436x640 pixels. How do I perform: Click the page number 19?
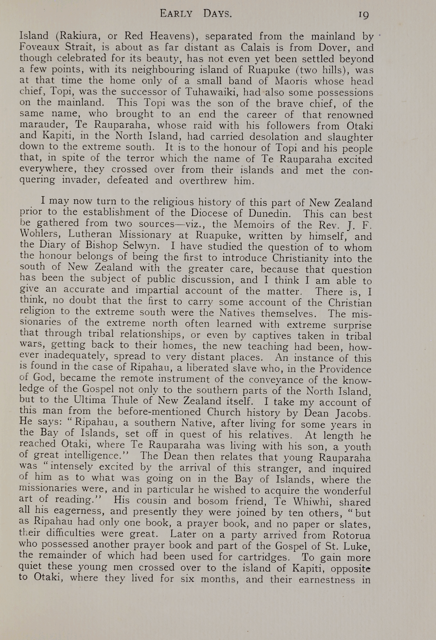pyautogui.click(x=363, y=14)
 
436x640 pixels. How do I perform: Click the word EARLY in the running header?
pyautogui.click(x=176, y=14)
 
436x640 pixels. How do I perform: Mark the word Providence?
pyautogui.click(x=345, y=369)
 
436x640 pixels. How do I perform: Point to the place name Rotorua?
pyautogui.click(x=352, y=535)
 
